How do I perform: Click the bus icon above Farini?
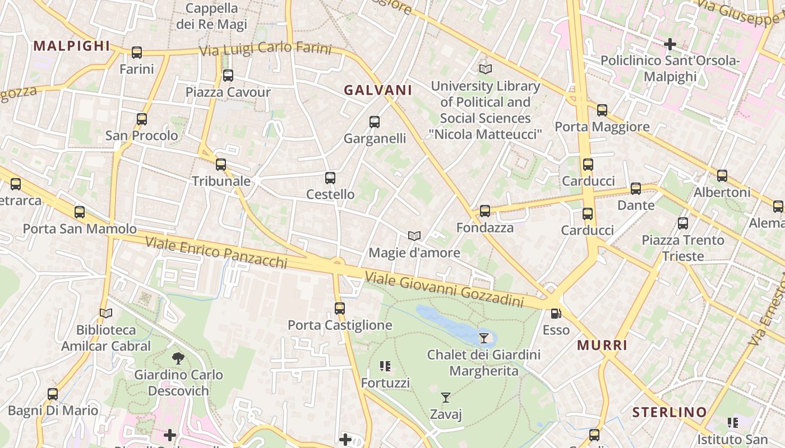137,53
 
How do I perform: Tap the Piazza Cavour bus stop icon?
228,76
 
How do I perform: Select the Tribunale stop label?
221,181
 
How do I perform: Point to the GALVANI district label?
378,90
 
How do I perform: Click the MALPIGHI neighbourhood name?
71,46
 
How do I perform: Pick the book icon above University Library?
485,69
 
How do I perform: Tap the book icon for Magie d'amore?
414,236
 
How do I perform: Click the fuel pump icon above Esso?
556,314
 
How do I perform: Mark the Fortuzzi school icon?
385,367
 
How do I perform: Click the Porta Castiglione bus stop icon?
339,309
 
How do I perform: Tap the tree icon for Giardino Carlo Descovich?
178,358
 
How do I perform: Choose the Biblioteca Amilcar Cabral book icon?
106,314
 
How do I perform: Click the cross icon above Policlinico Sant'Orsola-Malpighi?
669,44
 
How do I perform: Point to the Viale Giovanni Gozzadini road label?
444,290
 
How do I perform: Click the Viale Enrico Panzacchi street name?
216,252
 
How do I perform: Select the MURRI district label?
602,346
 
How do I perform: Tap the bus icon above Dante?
635,189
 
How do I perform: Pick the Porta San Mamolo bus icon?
80,212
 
